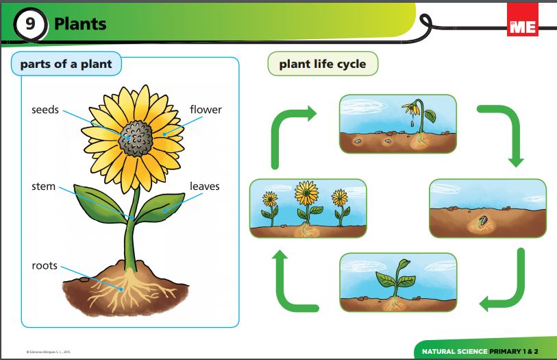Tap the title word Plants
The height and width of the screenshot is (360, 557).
[80, 24]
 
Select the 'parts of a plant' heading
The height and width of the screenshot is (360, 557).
[66, 64]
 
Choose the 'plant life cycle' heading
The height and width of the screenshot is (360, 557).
[322, 64]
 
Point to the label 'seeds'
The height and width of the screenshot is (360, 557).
[45, 110]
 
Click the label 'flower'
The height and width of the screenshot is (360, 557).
[206, 110]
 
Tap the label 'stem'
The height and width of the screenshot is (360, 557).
[43, 186]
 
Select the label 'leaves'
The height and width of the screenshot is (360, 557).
[205, 186]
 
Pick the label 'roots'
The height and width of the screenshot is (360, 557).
[45, 265]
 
